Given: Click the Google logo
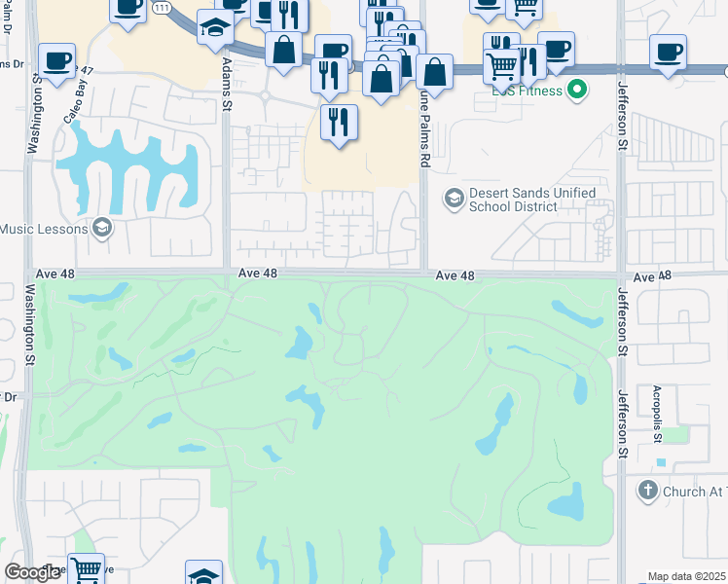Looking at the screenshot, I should (x=32, y=572).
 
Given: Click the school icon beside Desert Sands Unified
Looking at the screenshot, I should (x=453, y=199).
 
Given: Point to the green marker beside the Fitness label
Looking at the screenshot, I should (x=577, y=91).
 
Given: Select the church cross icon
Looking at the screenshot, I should (x=648, y=492).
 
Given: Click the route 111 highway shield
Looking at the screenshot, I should (x=163, y=8).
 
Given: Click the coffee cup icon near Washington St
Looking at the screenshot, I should (x=56, y=60).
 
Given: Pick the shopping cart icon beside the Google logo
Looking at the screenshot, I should (x=87, y=569).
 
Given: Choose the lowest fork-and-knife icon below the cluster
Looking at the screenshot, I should (x=339, y=122).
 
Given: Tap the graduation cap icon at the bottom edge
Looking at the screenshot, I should (x=203, y=576).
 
